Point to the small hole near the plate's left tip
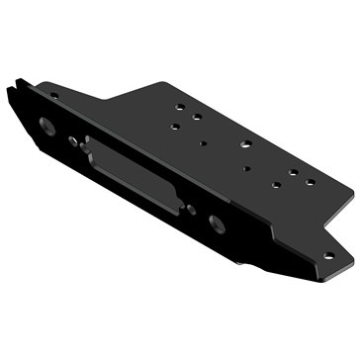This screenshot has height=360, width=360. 54,96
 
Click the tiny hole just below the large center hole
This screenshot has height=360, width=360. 246,168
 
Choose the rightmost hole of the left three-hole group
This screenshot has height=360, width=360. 198,117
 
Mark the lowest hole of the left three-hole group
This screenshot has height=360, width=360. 175,126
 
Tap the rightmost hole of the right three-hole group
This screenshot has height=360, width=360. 310,182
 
